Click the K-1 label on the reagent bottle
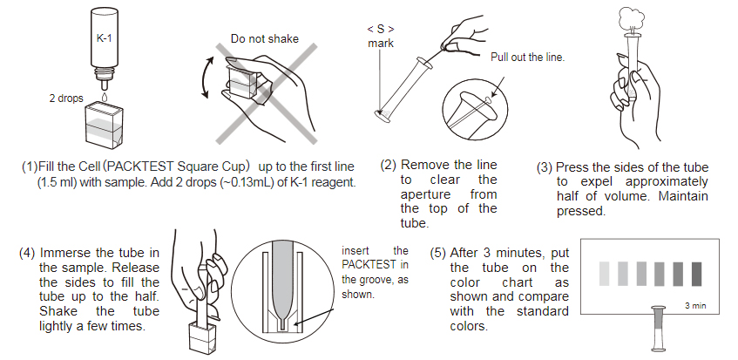click(104, 40)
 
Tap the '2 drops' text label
click(64, 98)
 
